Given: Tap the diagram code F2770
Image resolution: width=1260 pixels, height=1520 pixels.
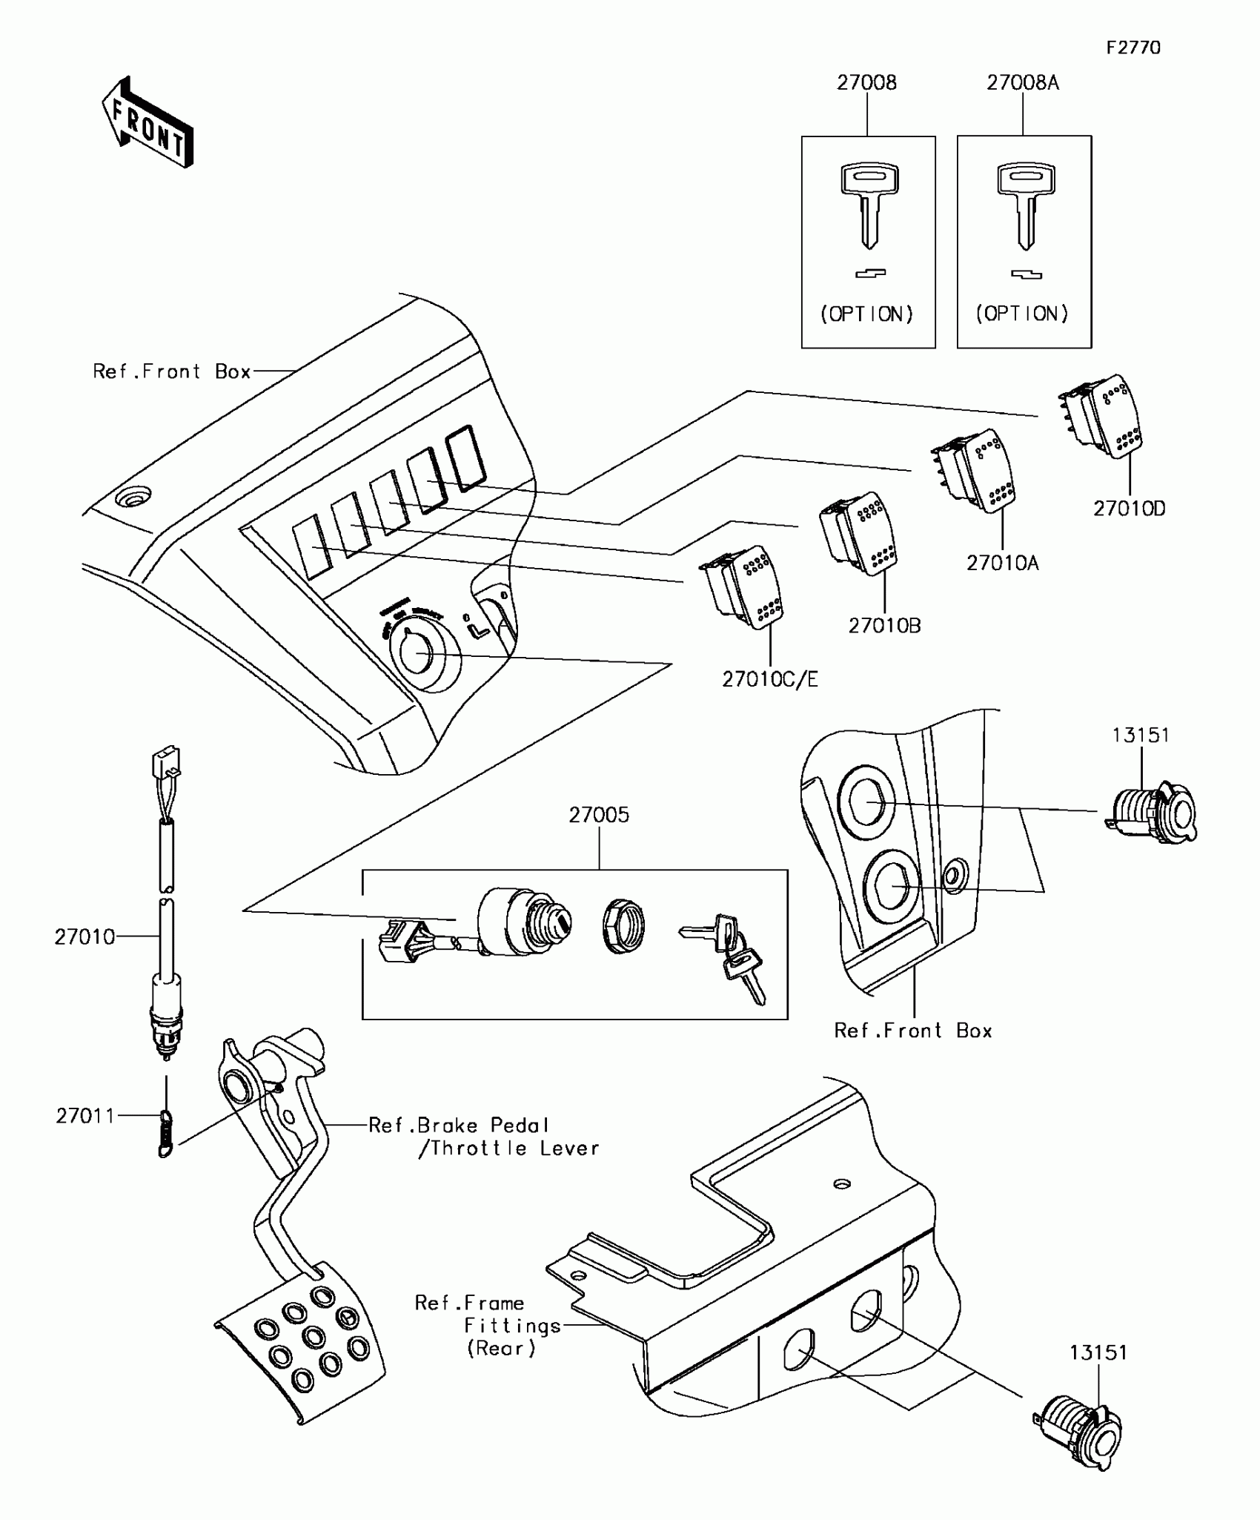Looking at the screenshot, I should pos(1133,48).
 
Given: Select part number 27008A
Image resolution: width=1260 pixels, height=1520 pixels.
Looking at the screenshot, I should pos(1022,83).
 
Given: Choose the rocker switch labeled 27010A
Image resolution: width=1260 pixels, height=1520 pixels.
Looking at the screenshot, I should pos(975,472).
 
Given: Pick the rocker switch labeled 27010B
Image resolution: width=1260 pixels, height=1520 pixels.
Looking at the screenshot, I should pos(859,533).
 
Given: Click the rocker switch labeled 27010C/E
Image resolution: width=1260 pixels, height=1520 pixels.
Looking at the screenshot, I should pos(742,588).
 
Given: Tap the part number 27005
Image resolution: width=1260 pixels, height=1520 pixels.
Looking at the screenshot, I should pos(599,816).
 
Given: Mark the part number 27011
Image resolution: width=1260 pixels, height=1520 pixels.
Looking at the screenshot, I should pos(85,1116).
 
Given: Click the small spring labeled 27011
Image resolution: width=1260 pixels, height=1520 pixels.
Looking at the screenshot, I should pos(165,1133).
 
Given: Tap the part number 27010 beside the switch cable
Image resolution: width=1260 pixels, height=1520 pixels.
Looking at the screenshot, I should pos(84,937).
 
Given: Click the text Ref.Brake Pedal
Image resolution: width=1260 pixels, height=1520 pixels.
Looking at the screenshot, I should pos(459,1126).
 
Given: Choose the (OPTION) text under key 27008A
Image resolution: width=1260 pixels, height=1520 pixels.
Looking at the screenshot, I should pos(1022,314).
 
